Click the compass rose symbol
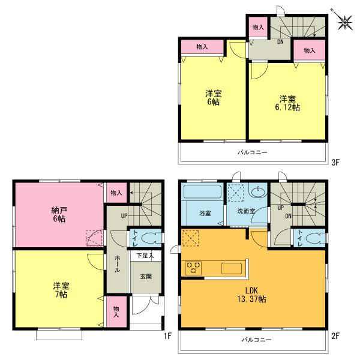pos(344,23)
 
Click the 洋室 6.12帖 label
pos(287,103)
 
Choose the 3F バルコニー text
pos(253,152)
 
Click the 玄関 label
pos(146,277)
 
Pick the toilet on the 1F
pos(149,236)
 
